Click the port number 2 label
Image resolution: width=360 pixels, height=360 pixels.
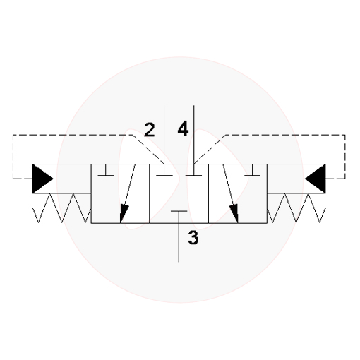150,130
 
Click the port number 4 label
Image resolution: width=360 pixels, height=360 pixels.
183,128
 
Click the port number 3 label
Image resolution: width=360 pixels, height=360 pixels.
193,238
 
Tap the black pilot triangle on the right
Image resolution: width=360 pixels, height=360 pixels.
316,179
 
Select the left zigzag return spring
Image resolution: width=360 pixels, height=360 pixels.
61,208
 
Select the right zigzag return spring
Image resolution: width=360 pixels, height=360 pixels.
296,208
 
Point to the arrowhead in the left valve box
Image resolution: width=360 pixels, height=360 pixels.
124,214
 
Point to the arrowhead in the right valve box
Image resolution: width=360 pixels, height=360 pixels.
234,214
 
